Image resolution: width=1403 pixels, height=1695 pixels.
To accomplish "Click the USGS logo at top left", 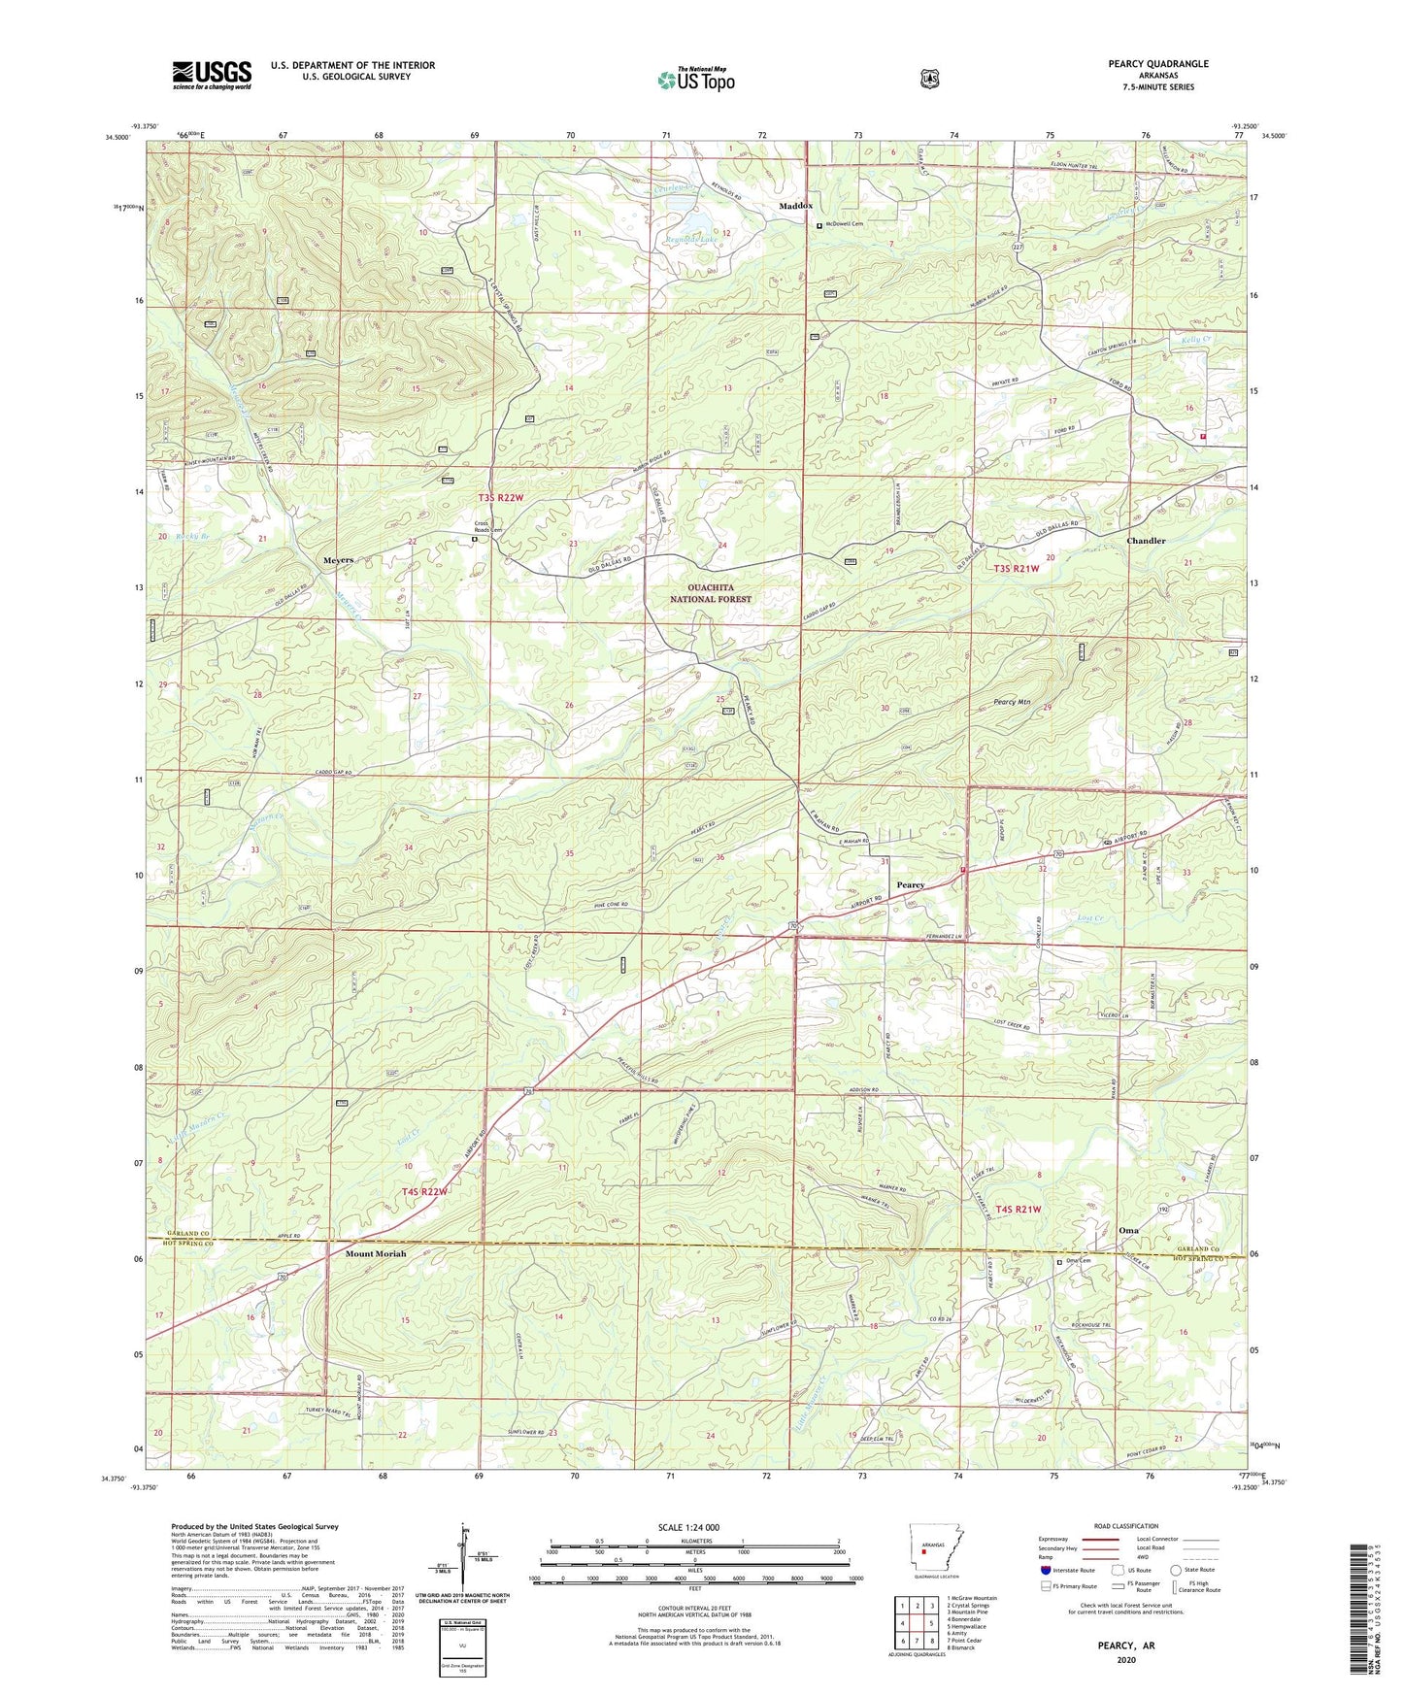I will [x=212, y=75].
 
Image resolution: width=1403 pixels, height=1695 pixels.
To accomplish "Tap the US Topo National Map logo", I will [x=695, y=79].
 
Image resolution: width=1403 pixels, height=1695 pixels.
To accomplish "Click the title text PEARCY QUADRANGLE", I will [x=1158, y=64].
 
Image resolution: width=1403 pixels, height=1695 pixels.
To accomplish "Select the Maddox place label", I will [x=796, y=207].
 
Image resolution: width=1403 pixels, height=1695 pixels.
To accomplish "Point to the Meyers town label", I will [x=338, y=560].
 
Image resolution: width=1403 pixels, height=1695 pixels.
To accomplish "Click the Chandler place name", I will [x=1146, y=541].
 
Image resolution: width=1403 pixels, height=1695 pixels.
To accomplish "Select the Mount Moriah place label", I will [x=376, y=1253].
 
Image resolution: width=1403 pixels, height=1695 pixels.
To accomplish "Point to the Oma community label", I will [x=1128, y=1230].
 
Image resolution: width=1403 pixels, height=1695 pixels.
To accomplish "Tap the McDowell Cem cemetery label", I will [x=844, y=224].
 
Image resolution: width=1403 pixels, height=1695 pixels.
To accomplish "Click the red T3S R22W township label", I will [x=501, y=498].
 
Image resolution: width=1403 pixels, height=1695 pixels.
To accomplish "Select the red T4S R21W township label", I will [x=1019, y=1210].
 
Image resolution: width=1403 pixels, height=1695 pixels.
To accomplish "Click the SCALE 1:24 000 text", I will [x=688, y=1528].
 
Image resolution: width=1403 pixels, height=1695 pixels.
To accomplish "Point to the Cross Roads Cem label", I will [x=488, y=528].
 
